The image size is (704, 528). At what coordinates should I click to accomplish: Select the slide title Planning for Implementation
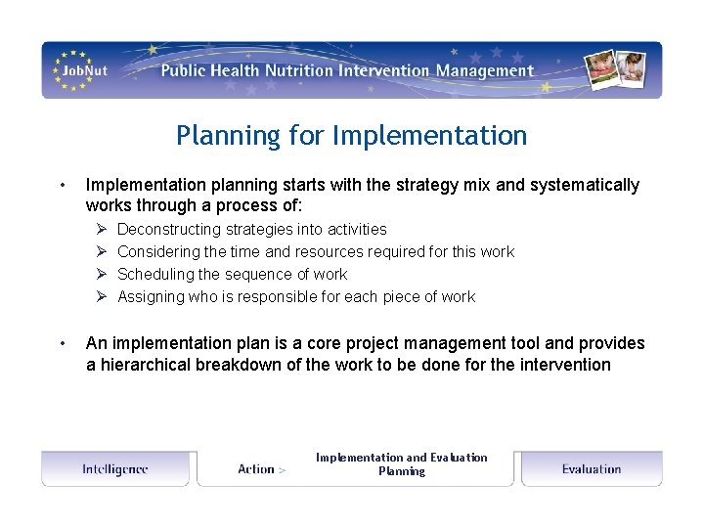[351, 135]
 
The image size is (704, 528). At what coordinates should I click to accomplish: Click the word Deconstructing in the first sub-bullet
[168, 229]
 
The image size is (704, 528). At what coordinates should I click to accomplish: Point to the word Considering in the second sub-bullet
[159, 251]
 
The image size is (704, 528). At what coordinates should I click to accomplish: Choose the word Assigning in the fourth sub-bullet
[152, 296]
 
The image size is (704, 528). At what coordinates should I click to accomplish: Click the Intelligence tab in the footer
[115, 469]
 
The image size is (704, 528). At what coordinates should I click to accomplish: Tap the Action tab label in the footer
[256, 469]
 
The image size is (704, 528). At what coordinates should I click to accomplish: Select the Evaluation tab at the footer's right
[591, 469]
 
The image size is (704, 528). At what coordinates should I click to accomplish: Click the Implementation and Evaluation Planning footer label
[401, 464]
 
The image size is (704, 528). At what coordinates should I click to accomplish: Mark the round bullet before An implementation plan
[62, 343]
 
